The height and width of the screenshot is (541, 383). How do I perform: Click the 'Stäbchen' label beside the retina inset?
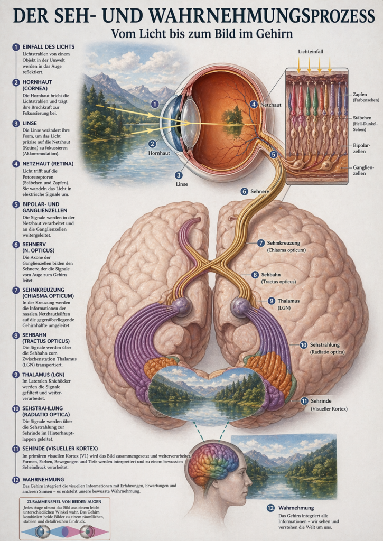[x=362, y=118]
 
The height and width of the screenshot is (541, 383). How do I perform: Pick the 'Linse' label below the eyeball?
[x=182, y=184]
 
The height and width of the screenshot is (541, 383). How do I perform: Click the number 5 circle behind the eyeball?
[x=273, y=154]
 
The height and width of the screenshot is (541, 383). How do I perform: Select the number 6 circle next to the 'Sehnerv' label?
[x=244, y=191]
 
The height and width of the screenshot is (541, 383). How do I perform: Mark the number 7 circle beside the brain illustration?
[x=260, y=243]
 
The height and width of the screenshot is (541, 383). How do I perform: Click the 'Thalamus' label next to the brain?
[x=289, y=301]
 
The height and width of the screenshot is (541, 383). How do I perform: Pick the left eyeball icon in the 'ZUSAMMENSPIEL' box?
[x=43, y=531]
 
